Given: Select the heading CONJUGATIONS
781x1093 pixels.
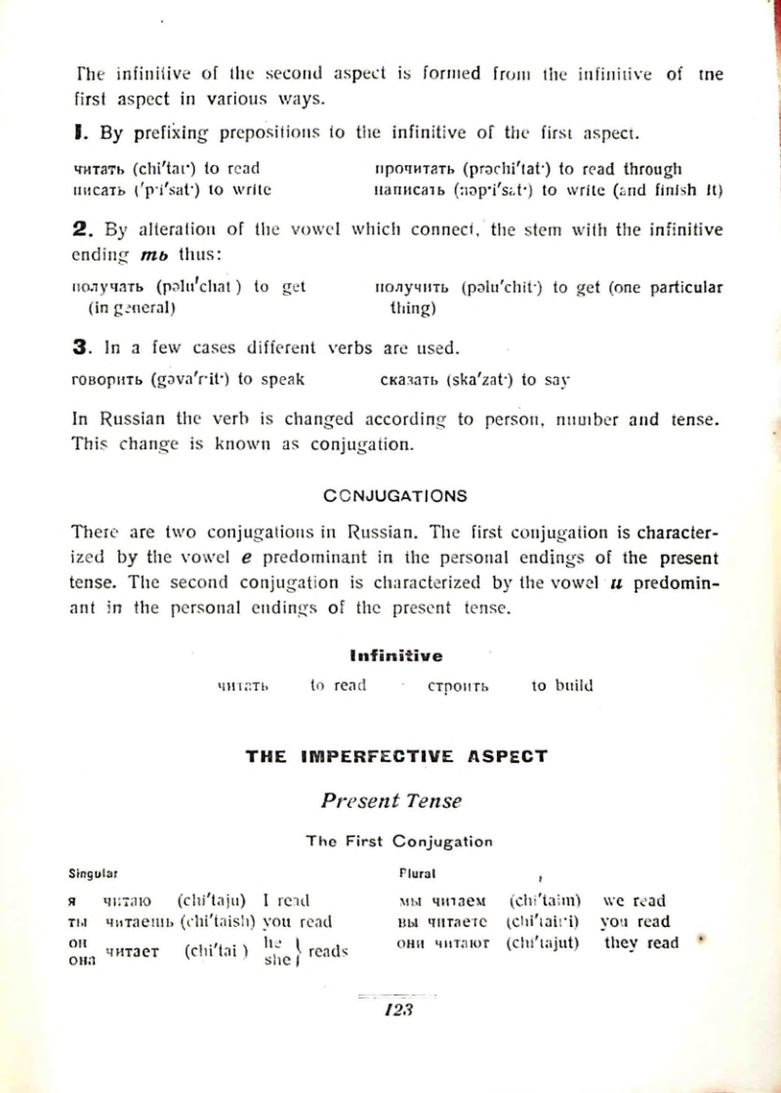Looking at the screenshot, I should (394, 495).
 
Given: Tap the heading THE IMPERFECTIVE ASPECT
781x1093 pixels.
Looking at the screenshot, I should (396, 755).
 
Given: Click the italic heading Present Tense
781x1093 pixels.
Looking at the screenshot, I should (391, 800).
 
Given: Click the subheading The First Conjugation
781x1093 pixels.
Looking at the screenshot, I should (398, 841).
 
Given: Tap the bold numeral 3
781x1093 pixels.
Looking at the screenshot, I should (81, 348).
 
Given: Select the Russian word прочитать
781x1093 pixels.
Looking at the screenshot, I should (417, 169).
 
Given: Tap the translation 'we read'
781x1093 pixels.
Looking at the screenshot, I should (636, 901).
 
